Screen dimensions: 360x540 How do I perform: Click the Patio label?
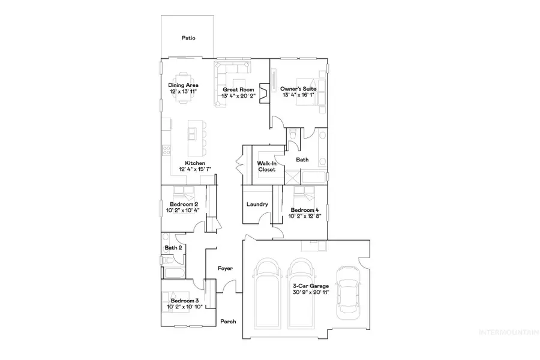point(188,38)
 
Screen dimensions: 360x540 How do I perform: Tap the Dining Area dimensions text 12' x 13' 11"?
point(183,92)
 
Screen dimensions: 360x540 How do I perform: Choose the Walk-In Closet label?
point(266,166)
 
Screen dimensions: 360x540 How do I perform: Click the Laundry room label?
point(257,205)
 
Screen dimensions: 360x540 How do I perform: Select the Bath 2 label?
point(173,247)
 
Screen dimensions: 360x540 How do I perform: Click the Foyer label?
point(225,269)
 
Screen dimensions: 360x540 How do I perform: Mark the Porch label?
point(228,321)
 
